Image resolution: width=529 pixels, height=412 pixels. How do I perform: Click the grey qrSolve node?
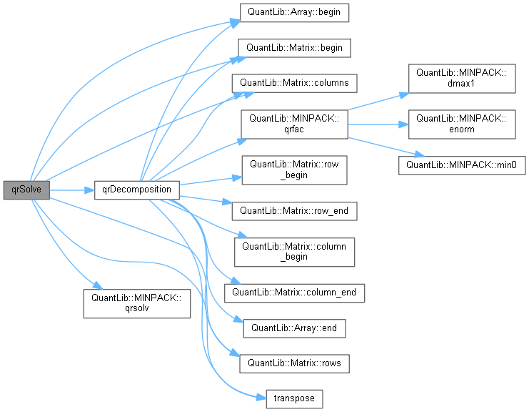pyautogui.click(x=26, y=190)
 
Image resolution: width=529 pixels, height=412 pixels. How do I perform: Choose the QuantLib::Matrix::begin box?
pyautogui.click(x=295, y=48)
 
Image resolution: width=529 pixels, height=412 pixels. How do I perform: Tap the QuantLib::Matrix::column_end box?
pyautogui.click(x=295, y=292)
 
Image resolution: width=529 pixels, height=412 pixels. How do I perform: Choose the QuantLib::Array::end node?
pyautogui.click(x=295, y=328)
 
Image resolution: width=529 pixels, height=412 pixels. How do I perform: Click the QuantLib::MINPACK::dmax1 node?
pyautogui.click(x=461, y=78)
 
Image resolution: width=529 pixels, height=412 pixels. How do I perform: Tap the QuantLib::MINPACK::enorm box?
pyautogui.click(x=461, y=124)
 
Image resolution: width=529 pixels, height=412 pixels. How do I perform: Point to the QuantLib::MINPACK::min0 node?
pyautogui.click(x=461, y=165)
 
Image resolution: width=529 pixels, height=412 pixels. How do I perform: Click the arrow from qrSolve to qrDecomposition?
pyautogui.click(x=71, y=190)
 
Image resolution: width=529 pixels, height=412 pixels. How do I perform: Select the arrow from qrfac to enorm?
pyautogui.click(x=377, y=124)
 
